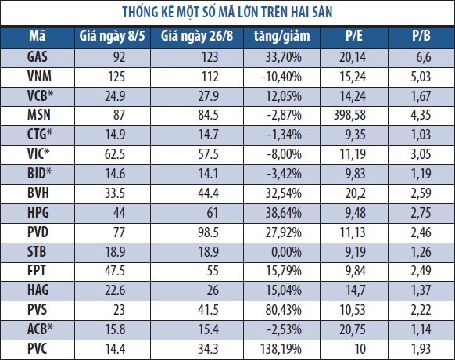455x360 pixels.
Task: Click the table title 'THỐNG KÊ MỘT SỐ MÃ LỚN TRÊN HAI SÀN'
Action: coord(227,13)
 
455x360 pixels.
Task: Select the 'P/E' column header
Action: coord(354,36)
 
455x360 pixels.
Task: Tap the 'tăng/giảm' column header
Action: coord(281,37)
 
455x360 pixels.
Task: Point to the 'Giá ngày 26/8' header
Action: coord(197,37)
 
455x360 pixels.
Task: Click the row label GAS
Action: coord(38,56)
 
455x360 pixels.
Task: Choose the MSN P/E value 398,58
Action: coord(349,115)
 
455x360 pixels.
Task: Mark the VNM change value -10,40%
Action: coord(281,77)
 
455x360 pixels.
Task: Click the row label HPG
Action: coord(38,213)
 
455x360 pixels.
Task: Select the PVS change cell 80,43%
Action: coord(284,310)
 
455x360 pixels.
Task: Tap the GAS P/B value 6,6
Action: coord(424,57)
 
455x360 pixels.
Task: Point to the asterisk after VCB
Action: coord(50,94)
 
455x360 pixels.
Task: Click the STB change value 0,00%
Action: coord(286,252)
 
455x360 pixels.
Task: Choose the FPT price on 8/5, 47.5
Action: coord(115,271)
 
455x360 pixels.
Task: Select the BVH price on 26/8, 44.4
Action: coord(209,193)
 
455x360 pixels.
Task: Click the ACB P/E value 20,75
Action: coord(353,329)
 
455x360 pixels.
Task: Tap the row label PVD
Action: coord(38,232)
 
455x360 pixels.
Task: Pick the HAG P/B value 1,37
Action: coord(421,290)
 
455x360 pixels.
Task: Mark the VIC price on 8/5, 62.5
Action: coord(115,154)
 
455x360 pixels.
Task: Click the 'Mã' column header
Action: coord(38,36)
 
